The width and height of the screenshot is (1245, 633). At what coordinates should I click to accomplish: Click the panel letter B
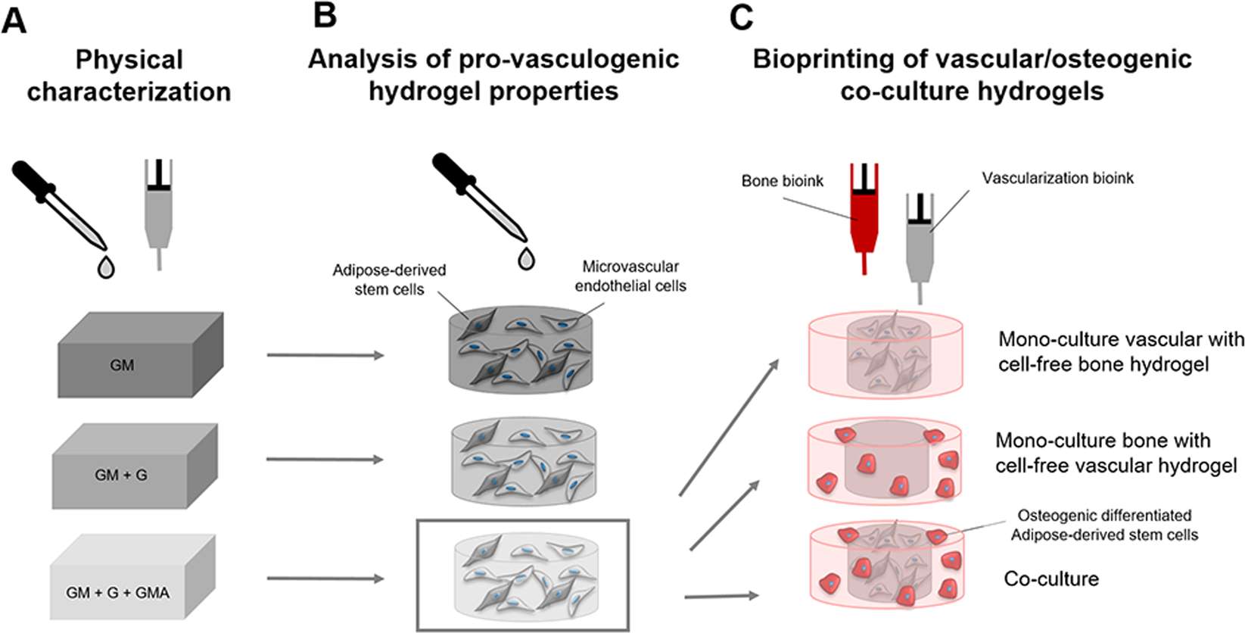(x=325, y=15)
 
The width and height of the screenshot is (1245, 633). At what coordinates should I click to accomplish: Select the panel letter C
(x=741, y=17)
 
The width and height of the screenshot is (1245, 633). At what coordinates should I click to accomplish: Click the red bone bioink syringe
(x=864, y=216)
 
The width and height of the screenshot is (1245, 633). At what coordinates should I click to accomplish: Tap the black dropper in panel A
(x=57, y=204)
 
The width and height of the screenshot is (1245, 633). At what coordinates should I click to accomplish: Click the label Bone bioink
(x=783, y=182)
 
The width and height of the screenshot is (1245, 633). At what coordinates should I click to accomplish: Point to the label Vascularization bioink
(x=1057, y=179)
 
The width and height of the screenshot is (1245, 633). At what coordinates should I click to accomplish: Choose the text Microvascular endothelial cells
(x=630, y=276)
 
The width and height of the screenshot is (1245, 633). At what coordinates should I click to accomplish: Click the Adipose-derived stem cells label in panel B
(x=389, y=279)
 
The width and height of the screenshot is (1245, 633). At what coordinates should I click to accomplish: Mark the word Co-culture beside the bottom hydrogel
(x=1050, y=579)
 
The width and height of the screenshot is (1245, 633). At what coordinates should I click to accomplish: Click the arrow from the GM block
(x=325, y=354)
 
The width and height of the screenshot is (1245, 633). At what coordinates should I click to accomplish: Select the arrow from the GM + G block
(x=325, y=460)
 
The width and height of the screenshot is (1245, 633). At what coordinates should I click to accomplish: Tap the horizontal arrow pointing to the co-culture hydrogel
(x=721, y=597)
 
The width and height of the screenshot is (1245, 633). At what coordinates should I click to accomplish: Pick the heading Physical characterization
(x=129, y=76)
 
